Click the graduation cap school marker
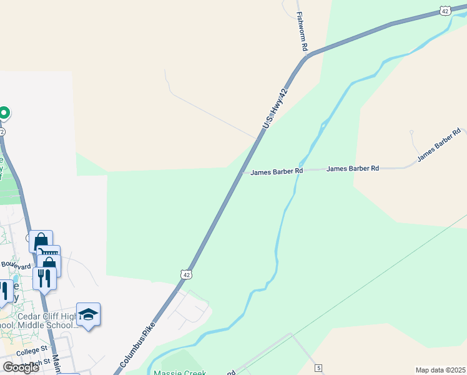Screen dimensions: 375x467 coord(88,314)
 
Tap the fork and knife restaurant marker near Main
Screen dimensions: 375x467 coord(44,277)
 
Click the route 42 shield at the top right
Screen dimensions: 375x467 coord(445,11)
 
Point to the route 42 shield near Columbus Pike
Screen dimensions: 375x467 coord(186,274)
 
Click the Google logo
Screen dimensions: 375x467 coord(21,367)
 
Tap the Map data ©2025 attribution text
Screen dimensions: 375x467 coord(440,370)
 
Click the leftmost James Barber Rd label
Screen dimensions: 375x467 coord(277,171)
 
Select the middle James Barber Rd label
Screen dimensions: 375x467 coord(353,169)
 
